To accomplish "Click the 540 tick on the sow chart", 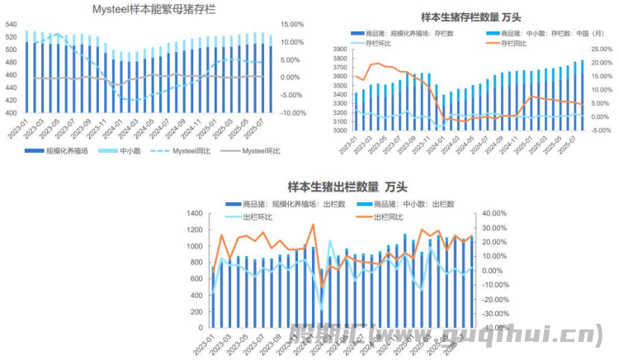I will pos(12,25).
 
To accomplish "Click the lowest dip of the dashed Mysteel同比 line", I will pos(132,100).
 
